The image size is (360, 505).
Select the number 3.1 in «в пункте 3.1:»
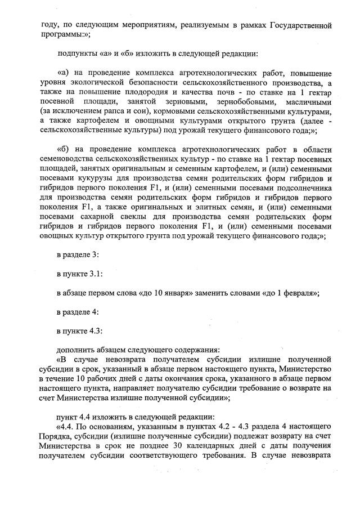[x=94, y=274]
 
